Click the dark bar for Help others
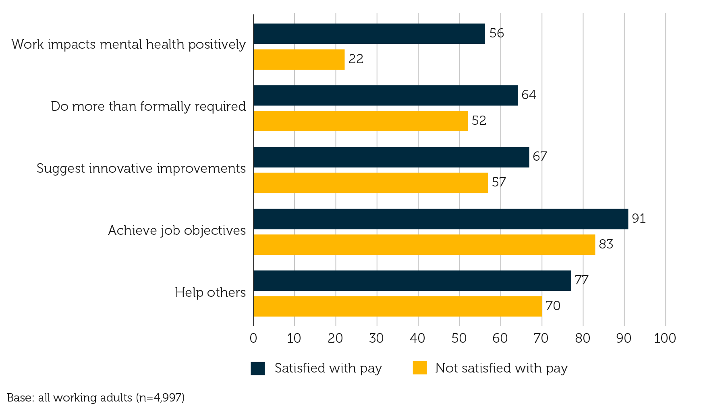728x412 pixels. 412,281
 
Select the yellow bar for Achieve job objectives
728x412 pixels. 424,244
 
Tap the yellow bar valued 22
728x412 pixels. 299,60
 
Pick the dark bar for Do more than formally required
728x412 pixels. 385,95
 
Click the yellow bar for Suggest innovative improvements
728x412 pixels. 371,183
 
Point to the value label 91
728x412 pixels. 639,219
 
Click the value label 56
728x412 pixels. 496,33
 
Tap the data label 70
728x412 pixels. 553,306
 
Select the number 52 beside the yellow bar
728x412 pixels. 479,121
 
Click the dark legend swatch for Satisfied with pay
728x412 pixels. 258,369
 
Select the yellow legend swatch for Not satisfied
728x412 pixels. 420,369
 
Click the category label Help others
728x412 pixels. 210,292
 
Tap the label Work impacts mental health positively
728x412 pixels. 129,44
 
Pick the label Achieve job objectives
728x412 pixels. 177,230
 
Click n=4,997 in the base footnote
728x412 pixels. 160,398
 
